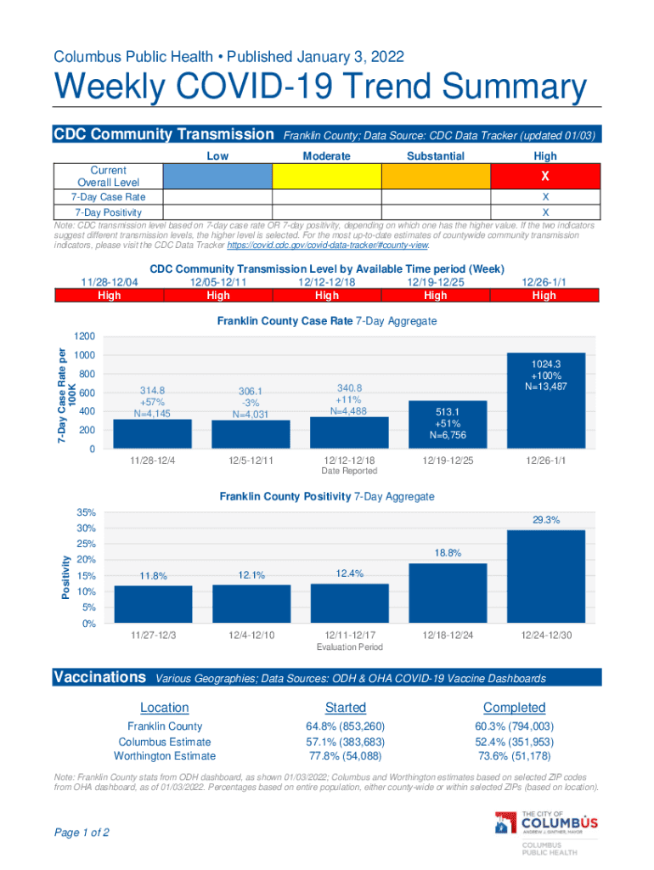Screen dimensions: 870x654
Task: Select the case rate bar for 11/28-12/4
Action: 152,434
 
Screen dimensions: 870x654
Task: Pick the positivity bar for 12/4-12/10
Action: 251,604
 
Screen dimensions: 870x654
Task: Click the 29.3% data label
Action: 545,519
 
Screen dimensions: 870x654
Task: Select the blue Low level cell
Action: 217,176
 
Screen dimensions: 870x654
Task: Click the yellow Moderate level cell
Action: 326,176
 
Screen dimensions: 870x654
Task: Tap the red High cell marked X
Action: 545,176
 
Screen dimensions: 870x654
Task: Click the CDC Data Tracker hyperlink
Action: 327,246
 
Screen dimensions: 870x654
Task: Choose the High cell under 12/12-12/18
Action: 327,296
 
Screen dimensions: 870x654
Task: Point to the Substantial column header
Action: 436,156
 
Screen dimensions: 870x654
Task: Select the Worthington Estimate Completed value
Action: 515,756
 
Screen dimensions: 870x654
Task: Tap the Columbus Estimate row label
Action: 165,742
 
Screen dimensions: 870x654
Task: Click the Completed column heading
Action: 515,708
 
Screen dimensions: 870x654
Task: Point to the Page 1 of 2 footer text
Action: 82,833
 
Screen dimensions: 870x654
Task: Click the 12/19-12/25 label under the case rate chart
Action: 448,460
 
